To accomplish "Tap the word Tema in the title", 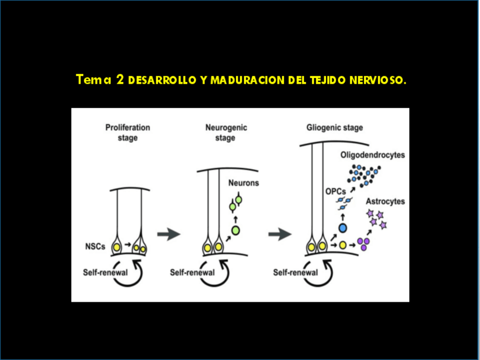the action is pos(94,79).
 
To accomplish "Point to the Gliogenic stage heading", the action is pos(335,128).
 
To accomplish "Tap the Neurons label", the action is pos(243,183).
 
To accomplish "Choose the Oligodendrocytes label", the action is pos(373,155).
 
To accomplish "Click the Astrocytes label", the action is pos(385,202).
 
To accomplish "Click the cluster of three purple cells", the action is pos(363,243).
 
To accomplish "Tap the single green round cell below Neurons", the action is pos(235,230).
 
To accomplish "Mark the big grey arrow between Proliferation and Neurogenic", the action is pos(169,234).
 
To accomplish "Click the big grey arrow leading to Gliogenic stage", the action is pos(280,234).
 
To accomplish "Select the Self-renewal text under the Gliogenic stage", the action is pos(295,272).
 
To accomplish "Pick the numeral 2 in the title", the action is pos(120,79).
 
